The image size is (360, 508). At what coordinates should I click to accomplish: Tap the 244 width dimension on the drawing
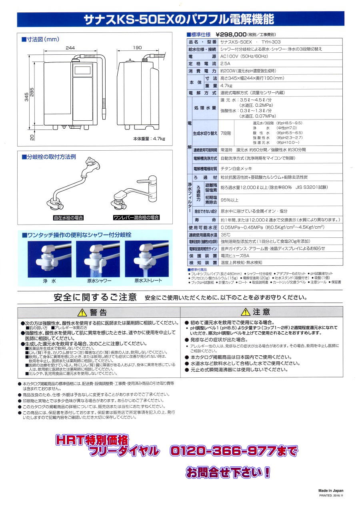click(x=70, y=48)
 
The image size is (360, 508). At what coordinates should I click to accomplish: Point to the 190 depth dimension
click(x=137, y=48)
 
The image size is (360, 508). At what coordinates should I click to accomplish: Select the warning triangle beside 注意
click(x=245, y=312)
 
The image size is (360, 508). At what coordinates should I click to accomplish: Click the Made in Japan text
click(x=331, y=490)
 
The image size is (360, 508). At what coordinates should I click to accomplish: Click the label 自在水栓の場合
click(x=68, y=218)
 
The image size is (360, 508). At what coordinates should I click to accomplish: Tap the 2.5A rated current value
click(x=226, y=64)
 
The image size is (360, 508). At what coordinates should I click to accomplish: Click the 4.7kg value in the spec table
click(x=226, y=86)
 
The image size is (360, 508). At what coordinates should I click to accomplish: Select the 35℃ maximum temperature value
click(x=226, y=235)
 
